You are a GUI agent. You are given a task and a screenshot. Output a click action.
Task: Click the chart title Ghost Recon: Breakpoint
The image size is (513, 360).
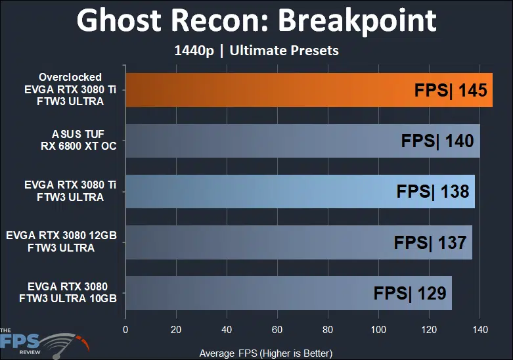(256, 21)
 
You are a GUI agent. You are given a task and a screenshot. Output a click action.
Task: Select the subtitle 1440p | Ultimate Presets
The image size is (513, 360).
(256, 50)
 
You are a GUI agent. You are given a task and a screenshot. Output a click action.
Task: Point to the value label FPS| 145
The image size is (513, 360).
(451, 90)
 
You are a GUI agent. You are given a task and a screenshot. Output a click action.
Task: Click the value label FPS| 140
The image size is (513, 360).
(438, 141)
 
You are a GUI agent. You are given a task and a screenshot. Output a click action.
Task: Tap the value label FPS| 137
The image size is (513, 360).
(430, 242)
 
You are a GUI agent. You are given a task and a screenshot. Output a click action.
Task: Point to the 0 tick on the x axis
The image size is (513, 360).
(125, 328)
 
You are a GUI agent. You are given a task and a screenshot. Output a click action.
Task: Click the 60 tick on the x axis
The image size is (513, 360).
(277, 328)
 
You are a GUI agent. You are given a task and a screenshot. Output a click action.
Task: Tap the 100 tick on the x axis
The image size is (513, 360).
(378, 328)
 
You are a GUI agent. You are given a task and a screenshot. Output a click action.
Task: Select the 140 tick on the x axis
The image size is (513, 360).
(480, 328)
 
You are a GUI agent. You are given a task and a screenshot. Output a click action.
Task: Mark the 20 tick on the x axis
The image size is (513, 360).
(175, 328)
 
